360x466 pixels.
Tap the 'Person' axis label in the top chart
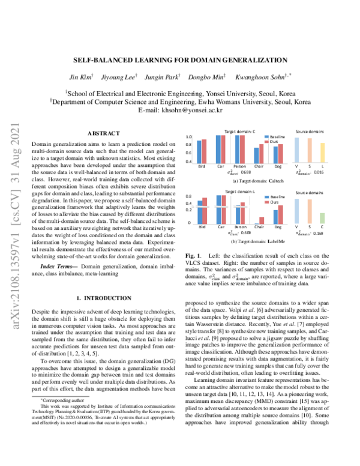click(240, 166)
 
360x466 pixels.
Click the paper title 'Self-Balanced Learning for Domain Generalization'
click(179, 60)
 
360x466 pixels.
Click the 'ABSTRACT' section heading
click(103, 133)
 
